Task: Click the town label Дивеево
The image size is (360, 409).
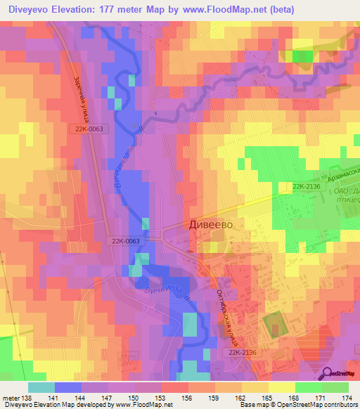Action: pos(211,224)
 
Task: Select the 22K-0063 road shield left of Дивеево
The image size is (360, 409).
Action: pos(124,240)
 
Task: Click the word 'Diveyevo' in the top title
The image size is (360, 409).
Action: pos(28,9)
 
